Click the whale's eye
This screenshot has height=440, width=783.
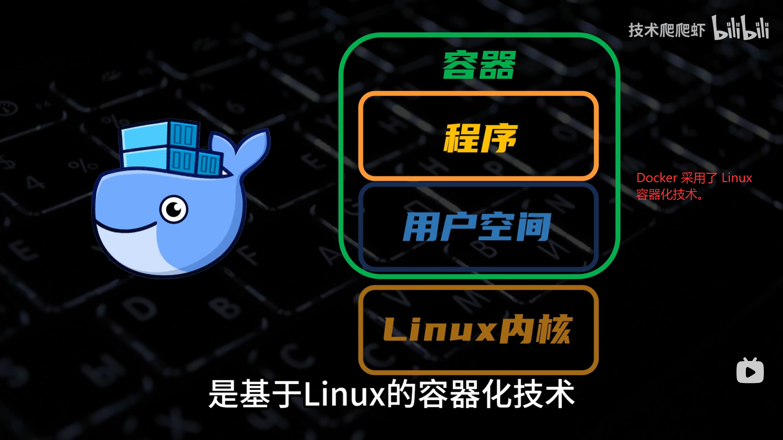[x=174, y=209]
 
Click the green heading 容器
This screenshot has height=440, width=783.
[x=479, y=65]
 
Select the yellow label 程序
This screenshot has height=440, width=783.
[x=480, y=139]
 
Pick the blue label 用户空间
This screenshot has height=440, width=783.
[x=477, y=227]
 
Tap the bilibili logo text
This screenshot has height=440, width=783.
[x=741, y=28]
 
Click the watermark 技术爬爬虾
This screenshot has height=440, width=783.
[x=666, y=30]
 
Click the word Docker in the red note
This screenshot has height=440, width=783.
[x=657, y=178]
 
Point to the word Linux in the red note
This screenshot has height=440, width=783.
[x=737, y=178]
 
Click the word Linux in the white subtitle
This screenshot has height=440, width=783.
[x=345, y=394]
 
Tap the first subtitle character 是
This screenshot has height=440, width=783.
[x=223, y=394]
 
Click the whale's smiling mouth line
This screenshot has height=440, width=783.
[x=126, y=229]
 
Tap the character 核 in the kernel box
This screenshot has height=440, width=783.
[x=553, y=329]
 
